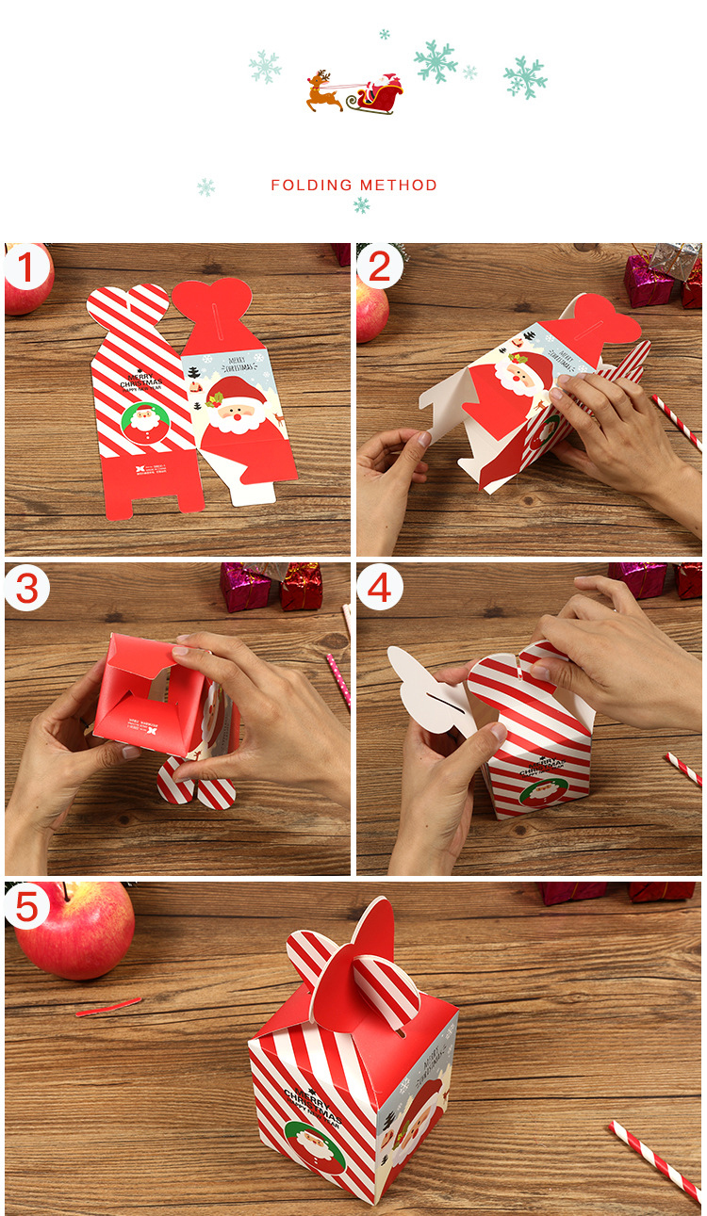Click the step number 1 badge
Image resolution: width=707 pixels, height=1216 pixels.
[27, 268]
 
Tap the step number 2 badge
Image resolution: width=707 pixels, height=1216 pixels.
[379, 268]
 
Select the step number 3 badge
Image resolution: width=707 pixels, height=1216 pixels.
[27, 589]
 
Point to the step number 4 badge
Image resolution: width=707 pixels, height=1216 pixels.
[379, 589]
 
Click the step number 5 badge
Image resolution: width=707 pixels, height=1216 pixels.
[27, 907]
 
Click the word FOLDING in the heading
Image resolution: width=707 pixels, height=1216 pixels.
[311, 186]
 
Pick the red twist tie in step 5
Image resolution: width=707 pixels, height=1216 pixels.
[107, 1007]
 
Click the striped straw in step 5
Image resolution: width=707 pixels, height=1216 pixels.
[656, 1162]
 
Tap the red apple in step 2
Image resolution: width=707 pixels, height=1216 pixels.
[370, 310]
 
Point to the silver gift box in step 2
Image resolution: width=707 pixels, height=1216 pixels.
[675, 260]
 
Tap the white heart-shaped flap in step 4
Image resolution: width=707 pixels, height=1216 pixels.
[424, 684]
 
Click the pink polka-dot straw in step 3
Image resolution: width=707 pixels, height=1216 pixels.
[338, 679]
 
